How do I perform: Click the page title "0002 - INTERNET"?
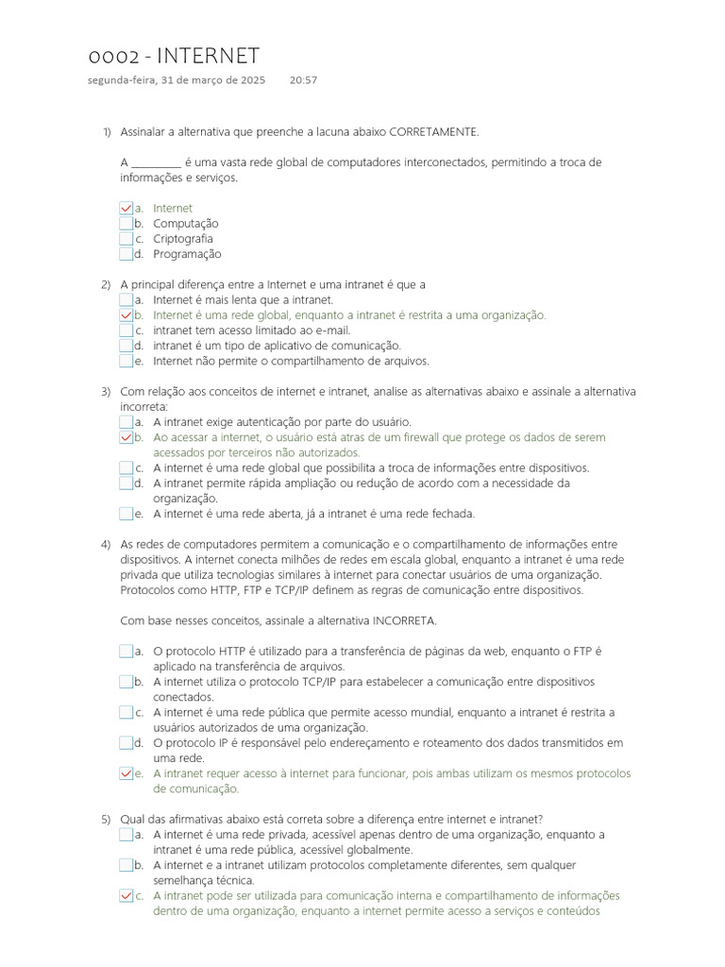[x=173, y=57]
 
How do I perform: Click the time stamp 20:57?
[x=303, y=80]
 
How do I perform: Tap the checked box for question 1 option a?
[x=126, y=208]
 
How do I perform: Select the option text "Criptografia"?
[x=183, y=239]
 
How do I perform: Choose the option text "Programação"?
[x=187, y=254]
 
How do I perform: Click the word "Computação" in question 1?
[x=186, y=224]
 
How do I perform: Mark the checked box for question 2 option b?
[x=126, y=315]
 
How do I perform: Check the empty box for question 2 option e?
[x=126, y=361]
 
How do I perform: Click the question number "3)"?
[x=106, y=392]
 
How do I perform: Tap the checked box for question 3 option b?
[x=126, y=437]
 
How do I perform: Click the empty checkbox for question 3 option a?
[x=126, y=422]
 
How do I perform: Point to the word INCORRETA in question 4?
[x=404, y=620]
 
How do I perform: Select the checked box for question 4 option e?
[x=126, y=773]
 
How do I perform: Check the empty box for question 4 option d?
[x=126, y=743]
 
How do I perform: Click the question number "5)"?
[x=106, y=820]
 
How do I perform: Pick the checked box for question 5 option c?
[x=126, y=896]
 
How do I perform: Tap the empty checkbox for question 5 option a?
[x=126, y=835]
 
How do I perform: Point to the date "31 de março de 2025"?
[x=213, y=80]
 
